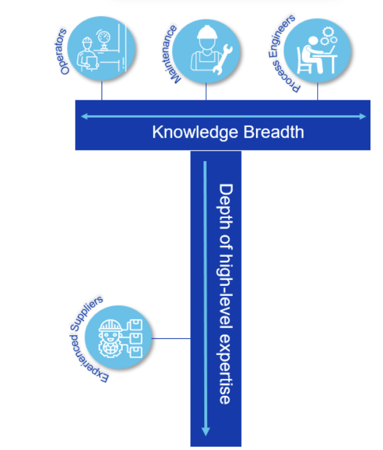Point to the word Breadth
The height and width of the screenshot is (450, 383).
[x=275, y=132]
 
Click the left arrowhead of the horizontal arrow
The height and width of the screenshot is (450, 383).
[x=83, y=116]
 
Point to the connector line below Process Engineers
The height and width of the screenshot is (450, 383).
[x=318, y=91]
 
